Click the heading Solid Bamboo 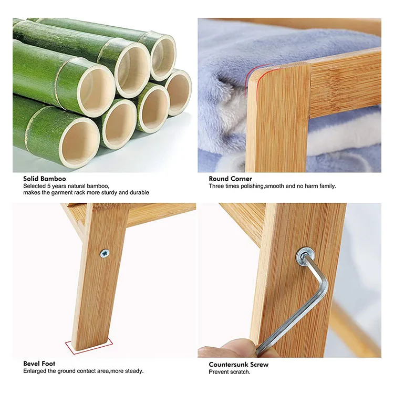tap(45, 179)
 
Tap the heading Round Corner tap(230, 179)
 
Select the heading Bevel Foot tap(39, 364)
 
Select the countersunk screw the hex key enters tap(304, 256)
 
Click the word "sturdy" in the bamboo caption tap(108, 193)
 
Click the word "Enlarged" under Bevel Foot tap(35, 371)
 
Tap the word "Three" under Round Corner tap(217, 186)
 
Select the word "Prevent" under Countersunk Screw tap(218, 372)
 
